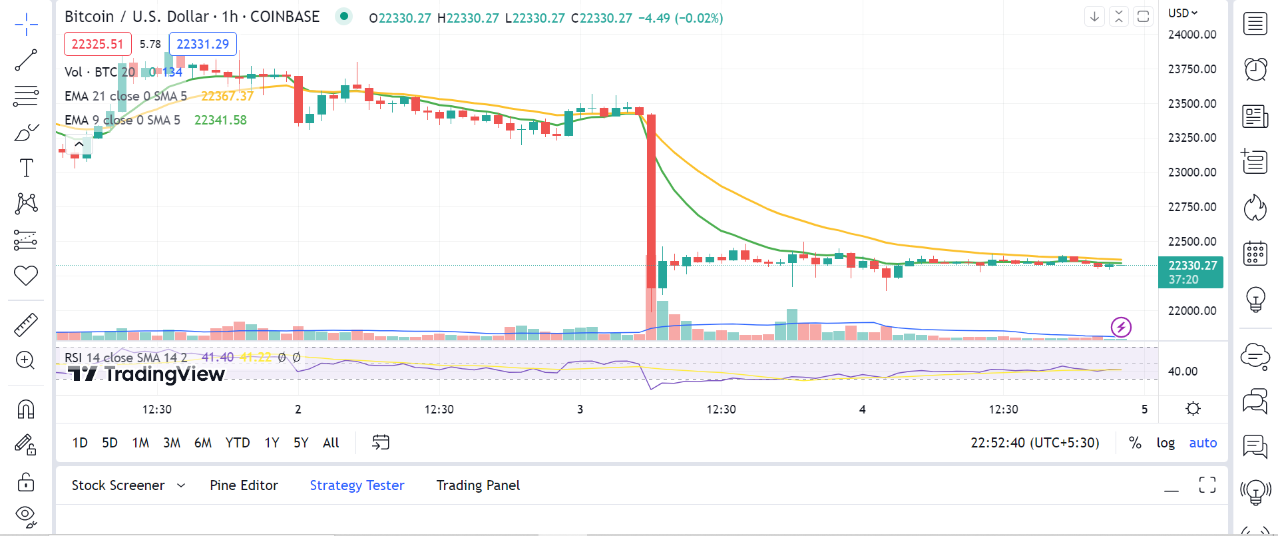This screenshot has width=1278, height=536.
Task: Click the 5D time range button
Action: coord(110,443)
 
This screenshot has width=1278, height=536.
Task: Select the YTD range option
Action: coord(238,443)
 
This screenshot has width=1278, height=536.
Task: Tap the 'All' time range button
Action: coord(331,443)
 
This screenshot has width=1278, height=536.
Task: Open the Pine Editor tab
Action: coord(244,485)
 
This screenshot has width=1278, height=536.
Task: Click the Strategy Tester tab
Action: coord(357,485)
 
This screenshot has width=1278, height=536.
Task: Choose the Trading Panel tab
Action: coord(478,485)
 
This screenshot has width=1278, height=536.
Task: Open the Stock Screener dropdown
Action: coord(128,485)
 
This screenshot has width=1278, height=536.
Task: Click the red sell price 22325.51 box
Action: coord(97,44)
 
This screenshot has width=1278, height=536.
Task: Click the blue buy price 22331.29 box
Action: coord(202,44)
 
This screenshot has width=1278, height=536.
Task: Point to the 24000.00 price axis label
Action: coord(1192,35)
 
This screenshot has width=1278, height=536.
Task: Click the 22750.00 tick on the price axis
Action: coord(1192,207)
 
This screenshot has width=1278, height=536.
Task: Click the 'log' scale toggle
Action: coord(1166,443)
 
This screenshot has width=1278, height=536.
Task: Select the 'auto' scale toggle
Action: coord(1203,443)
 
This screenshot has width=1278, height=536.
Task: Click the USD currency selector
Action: coord(1182,13)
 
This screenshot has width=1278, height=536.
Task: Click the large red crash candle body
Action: coord(651,200)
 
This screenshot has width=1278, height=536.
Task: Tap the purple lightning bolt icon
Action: coord(1121,327)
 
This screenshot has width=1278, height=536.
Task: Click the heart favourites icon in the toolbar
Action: coord(26,275)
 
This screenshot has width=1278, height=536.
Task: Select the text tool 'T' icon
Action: coord(26,168)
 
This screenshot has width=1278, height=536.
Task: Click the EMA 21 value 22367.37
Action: coord(227,96)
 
